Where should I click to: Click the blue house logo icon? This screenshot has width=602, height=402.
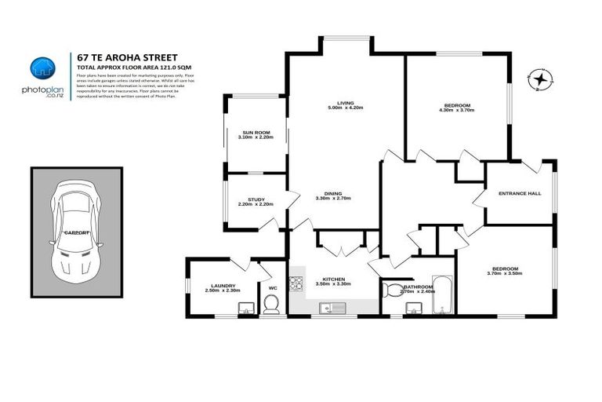pos(43,68)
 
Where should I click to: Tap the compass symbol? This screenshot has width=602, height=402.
pos(541,79)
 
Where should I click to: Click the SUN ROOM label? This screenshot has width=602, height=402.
pos(254,133)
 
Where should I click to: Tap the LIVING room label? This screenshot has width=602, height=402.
pos(345,104)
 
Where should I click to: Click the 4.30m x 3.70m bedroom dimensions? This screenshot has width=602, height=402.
pos(458,111)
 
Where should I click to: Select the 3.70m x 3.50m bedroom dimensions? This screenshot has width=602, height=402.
pos(503,273)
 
